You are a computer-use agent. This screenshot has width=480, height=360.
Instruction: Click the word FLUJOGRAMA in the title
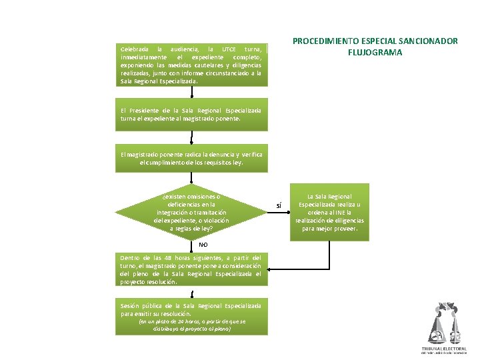375,52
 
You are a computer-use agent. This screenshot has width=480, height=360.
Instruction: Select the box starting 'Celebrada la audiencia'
191,65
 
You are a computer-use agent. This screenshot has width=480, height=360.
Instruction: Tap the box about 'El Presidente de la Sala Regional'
191,114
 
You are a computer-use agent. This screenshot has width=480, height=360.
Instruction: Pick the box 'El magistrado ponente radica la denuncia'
191,158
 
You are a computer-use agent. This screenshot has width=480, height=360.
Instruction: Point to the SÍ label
280,205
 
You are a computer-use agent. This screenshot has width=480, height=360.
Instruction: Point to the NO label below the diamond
193,245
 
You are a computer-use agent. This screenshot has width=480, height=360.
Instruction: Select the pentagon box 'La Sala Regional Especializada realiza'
329,212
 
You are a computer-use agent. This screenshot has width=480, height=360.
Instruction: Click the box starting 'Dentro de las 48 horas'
191,269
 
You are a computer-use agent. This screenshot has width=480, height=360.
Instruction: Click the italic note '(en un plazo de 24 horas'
191,325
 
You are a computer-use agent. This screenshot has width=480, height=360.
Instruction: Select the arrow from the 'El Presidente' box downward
192,137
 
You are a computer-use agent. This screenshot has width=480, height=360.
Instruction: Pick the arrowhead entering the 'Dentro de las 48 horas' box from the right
270,269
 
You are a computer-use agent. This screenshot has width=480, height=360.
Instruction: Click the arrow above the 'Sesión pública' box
192,294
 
